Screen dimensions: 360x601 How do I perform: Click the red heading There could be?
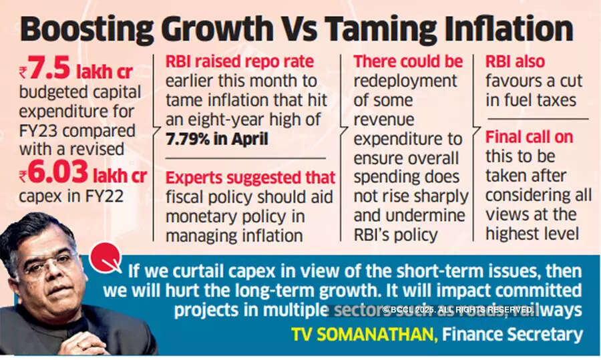(408, 61)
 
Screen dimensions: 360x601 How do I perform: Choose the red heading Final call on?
(529, 137)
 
